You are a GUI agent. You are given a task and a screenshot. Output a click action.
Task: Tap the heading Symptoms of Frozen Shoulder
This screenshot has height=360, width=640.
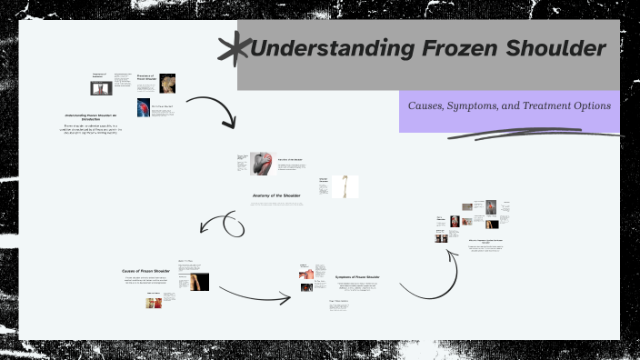click(x=357, y=276)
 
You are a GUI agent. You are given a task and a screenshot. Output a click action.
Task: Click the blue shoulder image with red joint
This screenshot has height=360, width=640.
click(x=145, y=108)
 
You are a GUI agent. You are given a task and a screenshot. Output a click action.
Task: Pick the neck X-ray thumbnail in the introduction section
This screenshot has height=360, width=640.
click(x=100, y=88)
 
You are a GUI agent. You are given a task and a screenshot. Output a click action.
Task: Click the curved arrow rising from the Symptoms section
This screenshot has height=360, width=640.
click(x=427, y=277)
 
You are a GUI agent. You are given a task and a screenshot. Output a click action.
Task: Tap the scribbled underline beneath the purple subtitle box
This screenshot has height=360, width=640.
click(x=527, y=135)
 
